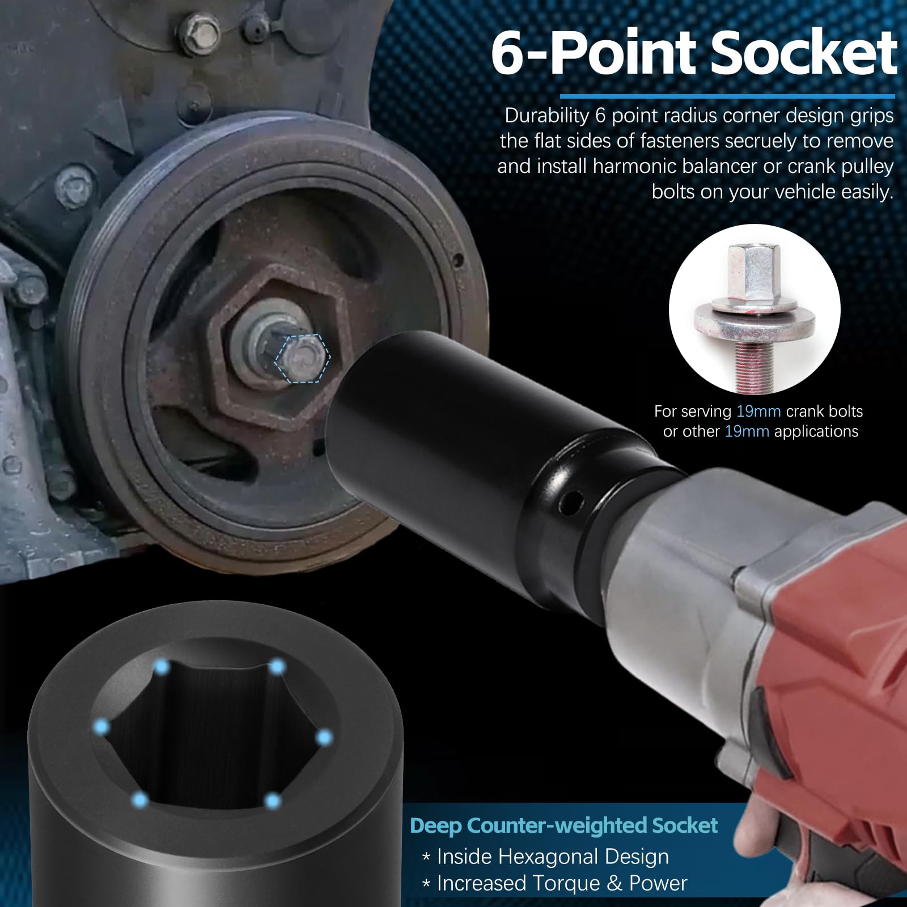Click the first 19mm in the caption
(758, 411)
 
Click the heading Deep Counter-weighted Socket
(563, 825)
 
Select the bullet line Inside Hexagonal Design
(553, 857)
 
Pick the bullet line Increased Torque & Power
(561, 883)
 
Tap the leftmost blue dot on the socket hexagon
(102, 726)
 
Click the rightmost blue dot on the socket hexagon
(324, 737)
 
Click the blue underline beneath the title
(727, 96)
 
